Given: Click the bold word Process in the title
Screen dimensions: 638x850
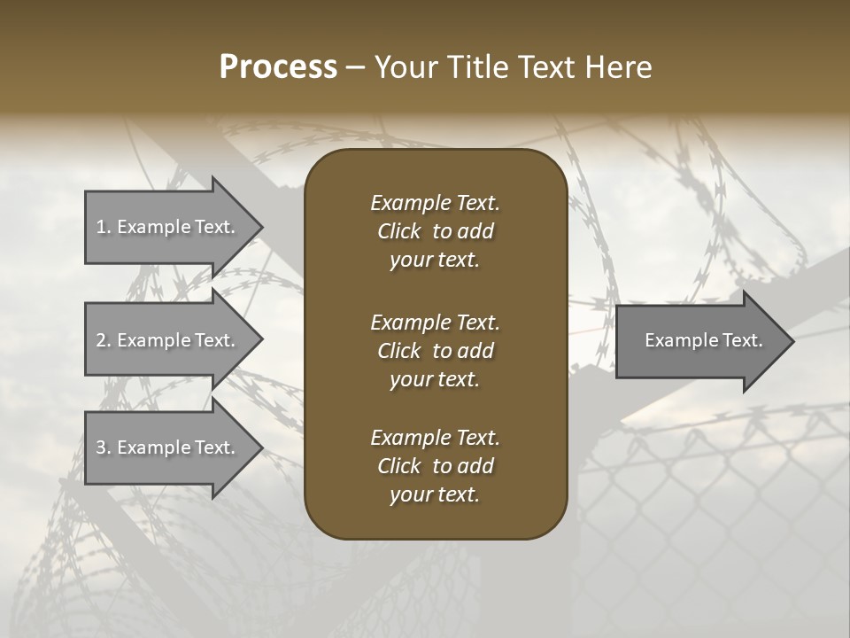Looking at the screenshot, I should pos(278,66).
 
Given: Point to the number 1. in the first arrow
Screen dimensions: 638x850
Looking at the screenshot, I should pos(104,227).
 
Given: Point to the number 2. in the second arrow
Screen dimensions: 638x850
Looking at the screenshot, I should pos(104,340).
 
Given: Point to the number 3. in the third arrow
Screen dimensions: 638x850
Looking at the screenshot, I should pos(104,447).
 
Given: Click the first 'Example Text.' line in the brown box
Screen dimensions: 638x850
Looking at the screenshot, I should pos(435,203).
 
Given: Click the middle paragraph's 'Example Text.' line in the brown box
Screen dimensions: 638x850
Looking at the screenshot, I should pos(435,323).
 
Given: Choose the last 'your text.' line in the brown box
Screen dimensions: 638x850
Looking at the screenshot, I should pos(435,495).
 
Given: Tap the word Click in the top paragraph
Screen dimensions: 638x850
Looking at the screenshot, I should pos(398,231).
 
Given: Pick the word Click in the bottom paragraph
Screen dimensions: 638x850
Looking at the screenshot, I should pos(398,466).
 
